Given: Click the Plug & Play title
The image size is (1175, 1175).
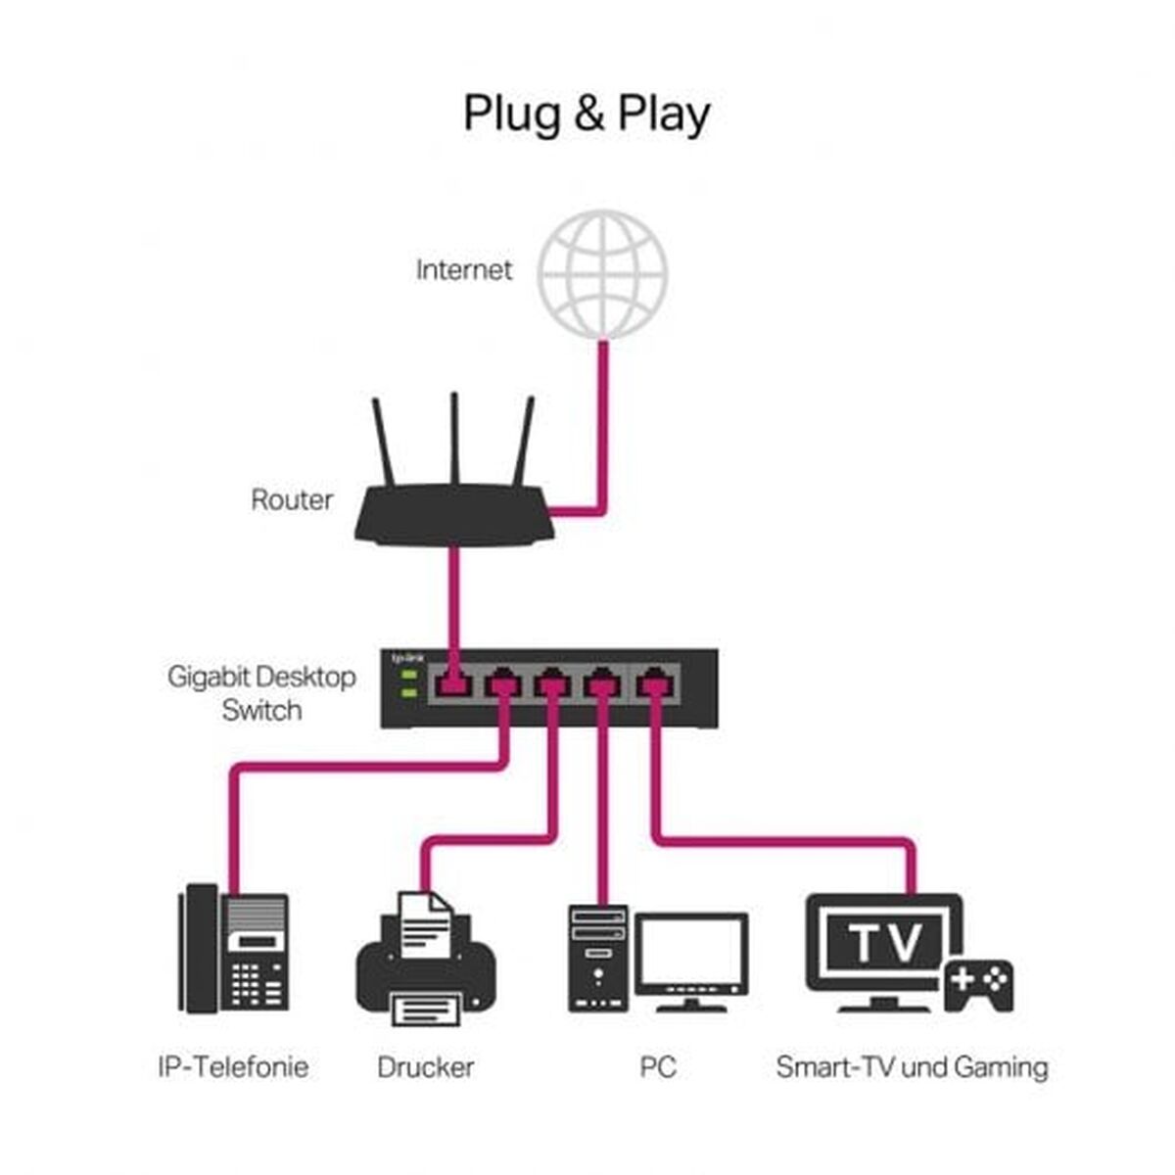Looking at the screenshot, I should click(x=586, y=114).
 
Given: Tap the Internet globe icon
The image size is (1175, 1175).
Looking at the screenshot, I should click(x=603, y=273).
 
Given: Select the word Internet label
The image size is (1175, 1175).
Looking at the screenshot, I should click(x=463, y=270).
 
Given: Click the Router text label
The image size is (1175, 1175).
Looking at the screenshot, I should click(x=292, y=500).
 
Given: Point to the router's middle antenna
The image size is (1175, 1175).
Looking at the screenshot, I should click(x=454, y=441).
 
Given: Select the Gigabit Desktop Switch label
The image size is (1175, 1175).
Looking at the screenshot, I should click(x=261, y=693).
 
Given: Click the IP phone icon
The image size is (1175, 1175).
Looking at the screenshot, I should click(x=234, y=948).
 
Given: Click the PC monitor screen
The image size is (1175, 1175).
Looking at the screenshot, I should click(x=691, y=952).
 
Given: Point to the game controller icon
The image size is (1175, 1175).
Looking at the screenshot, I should click(x=977, y=983).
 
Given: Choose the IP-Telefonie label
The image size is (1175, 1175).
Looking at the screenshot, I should click(x=233, y=1066).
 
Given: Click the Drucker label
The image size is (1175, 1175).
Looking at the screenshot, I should click(x=426, y=1066).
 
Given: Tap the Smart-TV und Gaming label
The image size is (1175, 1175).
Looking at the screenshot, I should click(x=912, y=1066).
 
